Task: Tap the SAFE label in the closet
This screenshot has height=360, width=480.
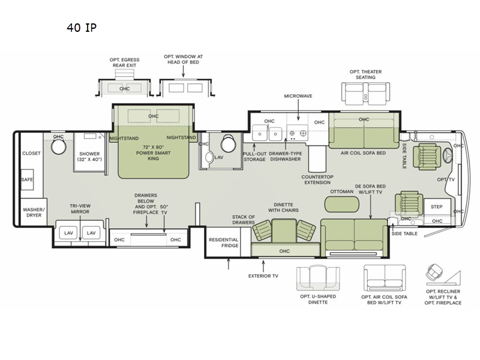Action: (x=27, y=179)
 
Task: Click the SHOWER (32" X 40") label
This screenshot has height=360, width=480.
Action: (x=89, y=157)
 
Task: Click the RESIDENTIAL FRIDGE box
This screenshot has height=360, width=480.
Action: (x=223, y=242)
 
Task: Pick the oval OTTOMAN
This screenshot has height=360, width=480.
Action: (x=343, y=204)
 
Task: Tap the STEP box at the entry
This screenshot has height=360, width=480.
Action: (x=436, y=206)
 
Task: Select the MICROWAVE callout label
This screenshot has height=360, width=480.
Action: (x=298, y=96)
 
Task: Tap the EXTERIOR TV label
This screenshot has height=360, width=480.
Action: (x=263, y=277)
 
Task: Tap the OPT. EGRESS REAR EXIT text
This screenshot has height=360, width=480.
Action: (x=124, y=63)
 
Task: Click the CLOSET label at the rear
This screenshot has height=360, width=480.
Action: (x=31, y=153)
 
